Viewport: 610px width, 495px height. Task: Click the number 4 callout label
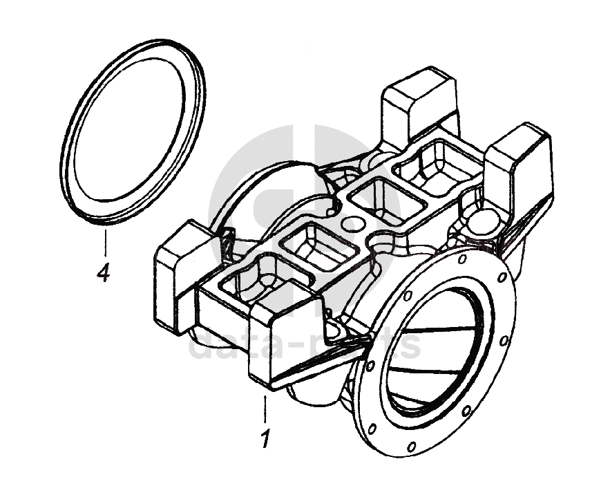tap(103, 274)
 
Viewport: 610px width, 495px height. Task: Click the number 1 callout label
tap(264, 438)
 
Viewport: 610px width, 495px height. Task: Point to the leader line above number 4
tap(105, 243)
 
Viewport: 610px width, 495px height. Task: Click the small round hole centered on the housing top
tap(352, 224)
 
